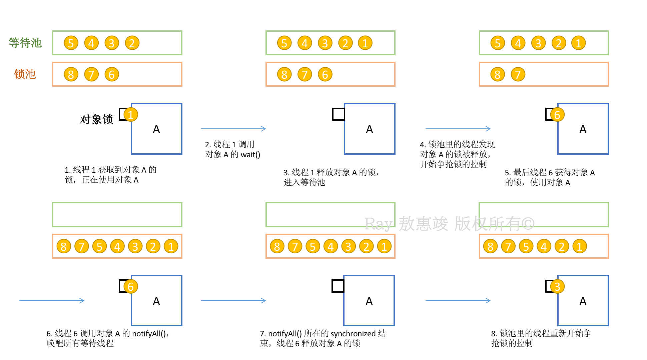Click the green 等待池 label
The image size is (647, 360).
coord(25,43)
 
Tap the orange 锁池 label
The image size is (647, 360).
coord(25,74)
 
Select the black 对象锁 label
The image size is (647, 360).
coord(96,119)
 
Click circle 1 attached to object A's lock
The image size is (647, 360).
coord(131,115)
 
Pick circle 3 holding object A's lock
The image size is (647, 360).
coord(557,286)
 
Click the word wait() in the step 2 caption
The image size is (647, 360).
coord(250,155)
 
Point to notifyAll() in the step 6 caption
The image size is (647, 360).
coord(149,334)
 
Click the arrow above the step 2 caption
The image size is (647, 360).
coord(233,129)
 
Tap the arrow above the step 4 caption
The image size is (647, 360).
coord(458,129)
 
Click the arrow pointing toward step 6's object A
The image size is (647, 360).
coord(52,301)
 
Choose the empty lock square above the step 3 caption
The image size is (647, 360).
coord(339,114)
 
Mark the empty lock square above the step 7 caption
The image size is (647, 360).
coord(338,286)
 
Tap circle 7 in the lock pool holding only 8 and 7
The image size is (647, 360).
coord(518,74)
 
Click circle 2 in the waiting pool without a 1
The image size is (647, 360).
coord(132,43)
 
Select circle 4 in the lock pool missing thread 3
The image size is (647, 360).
coord(544,246)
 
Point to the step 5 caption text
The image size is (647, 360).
coord(550,177)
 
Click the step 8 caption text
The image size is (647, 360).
coord(541,338)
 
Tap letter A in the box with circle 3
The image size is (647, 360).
coord(583,301)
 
